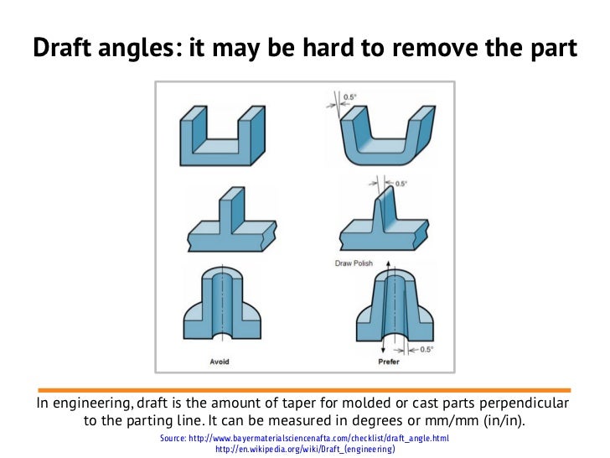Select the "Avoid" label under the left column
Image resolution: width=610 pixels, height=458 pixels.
click(x=219, y=362)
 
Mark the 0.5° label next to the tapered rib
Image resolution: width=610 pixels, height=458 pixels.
click(x=401, y=183)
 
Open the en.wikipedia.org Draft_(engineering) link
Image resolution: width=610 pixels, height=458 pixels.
click(x=305, y=450)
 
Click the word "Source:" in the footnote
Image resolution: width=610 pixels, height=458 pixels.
click(x=177, y=439)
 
